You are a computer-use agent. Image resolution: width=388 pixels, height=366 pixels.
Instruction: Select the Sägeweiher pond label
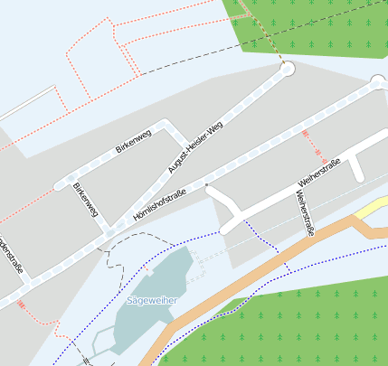[x=151, y=299]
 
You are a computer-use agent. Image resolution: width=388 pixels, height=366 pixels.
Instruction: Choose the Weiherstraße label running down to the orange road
[x=304, y=213]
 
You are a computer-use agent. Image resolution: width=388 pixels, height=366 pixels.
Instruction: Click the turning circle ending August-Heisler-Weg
[x=288, y=69]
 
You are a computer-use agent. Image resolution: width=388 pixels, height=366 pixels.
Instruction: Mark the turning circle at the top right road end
[x=378, y=82]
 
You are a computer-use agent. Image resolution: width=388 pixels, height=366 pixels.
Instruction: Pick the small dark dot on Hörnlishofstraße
[x=207, y=184]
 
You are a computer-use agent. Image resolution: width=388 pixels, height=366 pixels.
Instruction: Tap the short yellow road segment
[x=371, y=211]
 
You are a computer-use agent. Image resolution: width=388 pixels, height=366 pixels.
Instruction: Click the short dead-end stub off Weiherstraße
[x=358, y=164]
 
